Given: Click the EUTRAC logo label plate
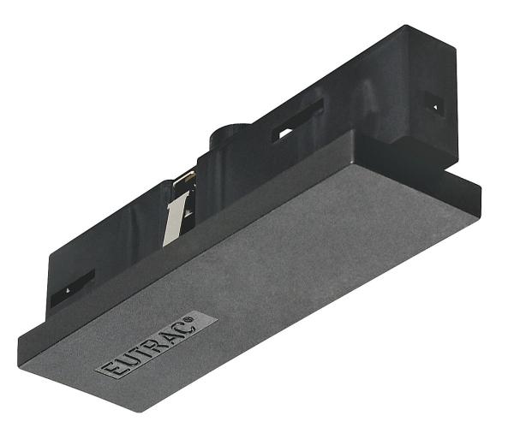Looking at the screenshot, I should coord(155,345).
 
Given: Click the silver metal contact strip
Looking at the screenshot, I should coord(175,217).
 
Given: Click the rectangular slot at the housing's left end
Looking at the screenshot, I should coord(72,288).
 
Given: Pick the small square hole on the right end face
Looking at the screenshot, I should coord(434,108).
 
